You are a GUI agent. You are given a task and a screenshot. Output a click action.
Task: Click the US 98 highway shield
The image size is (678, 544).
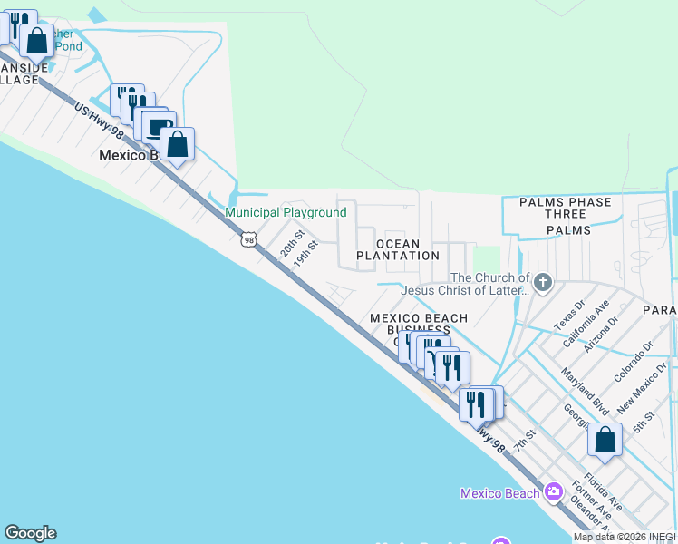(247, 238)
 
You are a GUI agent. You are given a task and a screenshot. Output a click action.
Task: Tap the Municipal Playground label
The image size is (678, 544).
(286, 213)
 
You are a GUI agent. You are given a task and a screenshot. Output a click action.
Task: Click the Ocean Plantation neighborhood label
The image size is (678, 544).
(398, 249)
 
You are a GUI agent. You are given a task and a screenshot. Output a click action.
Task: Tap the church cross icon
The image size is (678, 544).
(543, 283)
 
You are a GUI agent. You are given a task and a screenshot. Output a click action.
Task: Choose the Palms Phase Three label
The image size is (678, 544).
(566, 209)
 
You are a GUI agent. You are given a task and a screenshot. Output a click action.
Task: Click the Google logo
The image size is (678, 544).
(30, 533)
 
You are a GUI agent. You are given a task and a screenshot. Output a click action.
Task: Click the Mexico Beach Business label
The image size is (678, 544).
(418, 324)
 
